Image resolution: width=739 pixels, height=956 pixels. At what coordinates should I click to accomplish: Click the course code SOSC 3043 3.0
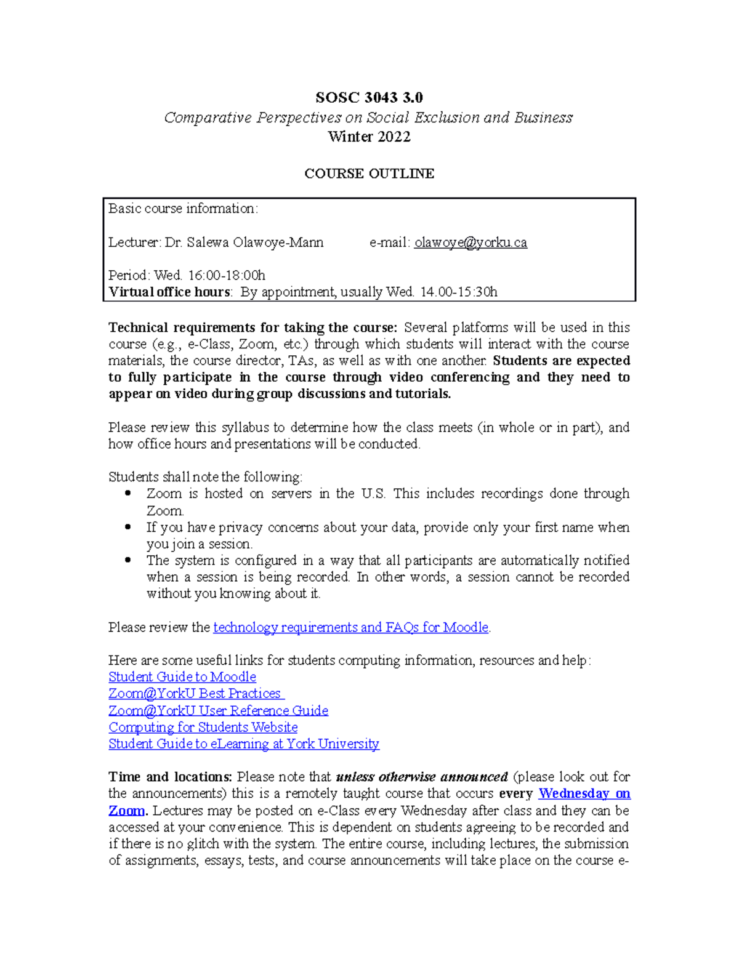pos(369,98)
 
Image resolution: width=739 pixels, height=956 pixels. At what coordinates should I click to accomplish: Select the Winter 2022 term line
pos(369,137)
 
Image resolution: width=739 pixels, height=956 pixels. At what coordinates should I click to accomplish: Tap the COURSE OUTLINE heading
pos(369,174)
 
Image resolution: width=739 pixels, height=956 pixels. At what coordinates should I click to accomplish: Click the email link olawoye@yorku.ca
pos(470,243)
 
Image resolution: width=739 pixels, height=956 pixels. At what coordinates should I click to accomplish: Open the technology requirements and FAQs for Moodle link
pos(350,627)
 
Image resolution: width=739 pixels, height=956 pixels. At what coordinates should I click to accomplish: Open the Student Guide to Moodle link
pos(182,677)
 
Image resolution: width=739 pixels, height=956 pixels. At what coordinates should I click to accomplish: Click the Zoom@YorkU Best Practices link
pos(195,694)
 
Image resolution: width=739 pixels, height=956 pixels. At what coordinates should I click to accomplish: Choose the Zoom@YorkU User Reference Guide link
pos(218,710)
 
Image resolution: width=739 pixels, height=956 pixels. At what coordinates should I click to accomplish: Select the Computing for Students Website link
pos(203,727)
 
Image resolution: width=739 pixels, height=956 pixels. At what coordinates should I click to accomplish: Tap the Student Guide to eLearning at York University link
pos(244,744)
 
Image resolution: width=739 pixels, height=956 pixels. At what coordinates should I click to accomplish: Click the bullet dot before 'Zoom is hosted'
pos(128,493)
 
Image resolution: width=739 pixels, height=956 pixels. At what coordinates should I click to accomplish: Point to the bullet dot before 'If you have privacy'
pos(128,527)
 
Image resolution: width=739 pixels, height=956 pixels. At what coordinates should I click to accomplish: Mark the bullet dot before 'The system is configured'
pos(128,560)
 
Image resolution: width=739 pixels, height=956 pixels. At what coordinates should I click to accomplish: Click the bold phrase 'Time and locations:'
pos(170,777)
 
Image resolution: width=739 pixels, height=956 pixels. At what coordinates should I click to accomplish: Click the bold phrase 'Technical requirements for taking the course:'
pos(252,327)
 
